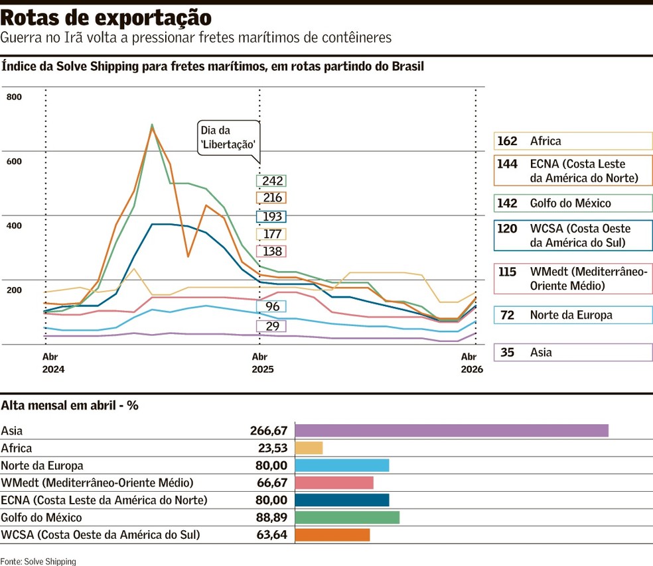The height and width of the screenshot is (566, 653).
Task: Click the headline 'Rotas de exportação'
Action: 106,17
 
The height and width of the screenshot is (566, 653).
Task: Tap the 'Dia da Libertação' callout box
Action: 228,138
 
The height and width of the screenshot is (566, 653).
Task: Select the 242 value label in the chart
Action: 272,181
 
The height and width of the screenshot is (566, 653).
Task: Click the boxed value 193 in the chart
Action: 272,217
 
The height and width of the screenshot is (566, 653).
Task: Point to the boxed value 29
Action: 272,326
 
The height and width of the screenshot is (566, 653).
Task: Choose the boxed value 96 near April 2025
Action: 272,306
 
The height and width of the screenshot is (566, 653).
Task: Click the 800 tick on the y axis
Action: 14,97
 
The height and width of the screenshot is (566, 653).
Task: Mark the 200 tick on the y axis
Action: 14,290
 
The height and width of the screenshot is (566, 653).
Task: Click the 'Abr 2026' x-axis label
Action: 472,363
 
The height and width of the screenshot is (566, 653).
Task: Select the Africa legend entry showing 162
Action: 573,141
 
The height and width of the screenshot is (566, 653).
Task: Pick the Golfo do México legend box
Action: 573,203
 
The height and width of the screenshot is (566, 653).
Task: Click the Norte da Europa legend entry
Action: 573,315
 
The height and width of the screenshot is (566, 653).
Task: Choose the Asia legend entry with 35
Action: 573,353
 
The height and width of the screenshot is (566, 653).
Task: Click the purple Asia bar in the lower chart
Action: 451,430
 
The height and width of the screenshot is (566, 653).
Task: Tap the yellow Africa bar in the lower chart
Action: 309,448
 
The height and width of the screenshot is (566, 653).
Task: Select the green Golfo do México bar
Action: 347,518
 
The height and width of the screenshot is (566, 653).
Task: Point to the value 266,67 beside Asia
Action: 269,430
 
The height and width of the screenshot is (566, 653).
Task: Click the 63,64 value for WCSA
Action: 273,535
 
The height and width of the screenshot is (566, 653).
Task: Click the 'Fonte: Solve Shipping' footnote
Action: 38,561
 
